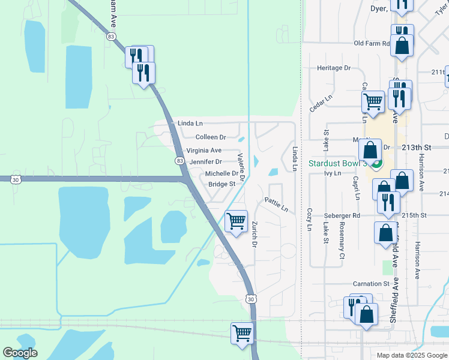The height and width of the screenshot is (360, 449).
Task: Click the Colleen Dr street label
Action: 210,137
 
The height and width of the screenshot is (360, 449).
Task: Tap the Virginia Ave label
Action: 203,150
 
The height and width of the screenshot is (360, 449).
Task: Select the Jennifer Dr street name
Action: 205,162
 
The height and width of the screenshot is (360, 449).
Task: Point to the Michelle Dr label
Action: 221,173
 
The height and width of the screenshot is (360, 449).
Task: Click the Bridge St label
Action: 221,184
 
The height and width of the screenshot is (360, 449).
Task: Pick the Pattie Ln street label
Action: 277,205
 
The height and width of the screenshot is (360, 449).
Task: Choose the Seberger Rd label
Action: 340,215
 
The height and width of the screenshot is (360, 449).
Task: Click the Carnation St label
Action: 371,283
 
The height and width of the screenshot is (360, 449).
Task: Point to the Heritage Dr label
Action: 333,68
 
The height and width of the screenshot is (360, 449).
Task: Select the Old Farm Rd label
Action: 372,43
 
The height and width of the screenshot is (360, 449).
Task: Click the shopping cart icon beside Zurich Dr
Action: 236,221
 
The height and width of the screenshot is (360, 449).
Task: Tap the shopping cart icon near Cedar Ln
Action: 373,101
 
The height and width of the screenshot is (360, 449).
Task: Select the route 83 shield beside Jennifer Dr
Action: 180,161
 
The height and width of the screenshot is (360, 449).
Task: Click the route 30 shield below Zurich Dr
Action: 250,298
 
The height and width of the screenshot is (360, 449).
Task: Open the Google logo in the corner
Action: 20,353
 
